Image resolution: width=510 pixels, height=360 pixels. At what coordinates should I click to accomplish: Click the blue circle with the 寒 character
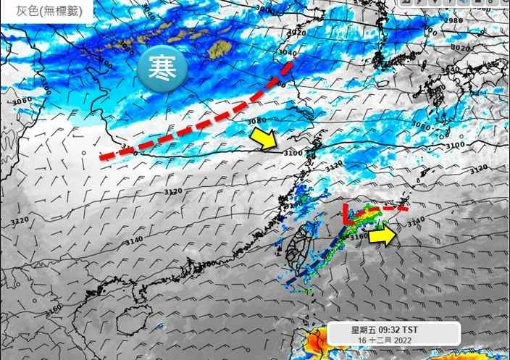[x=163, y=69]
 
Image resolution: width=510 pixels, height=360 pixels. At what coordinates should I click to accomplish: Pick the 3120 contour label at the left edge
[x=19, y=219]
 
